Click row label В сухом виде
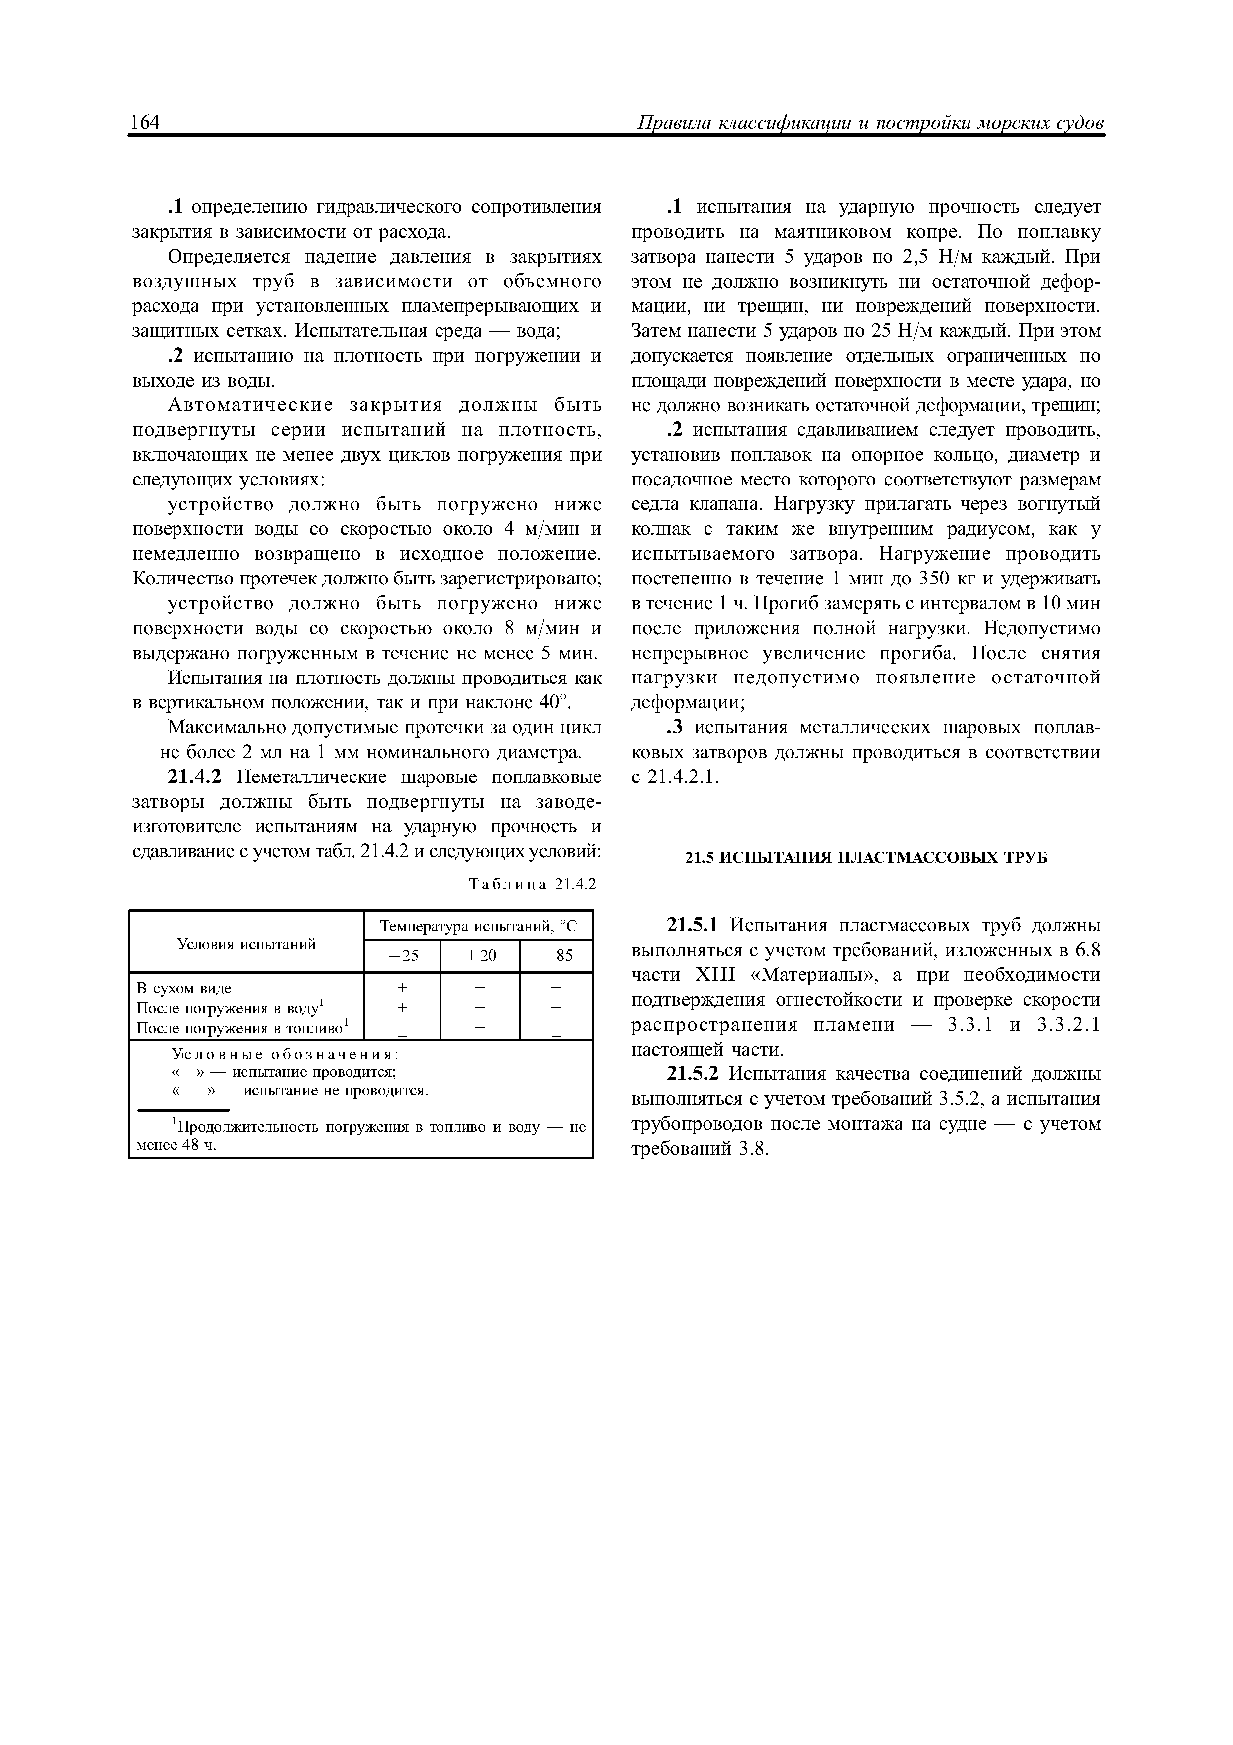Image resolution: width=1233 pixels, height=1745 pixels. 184,988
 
